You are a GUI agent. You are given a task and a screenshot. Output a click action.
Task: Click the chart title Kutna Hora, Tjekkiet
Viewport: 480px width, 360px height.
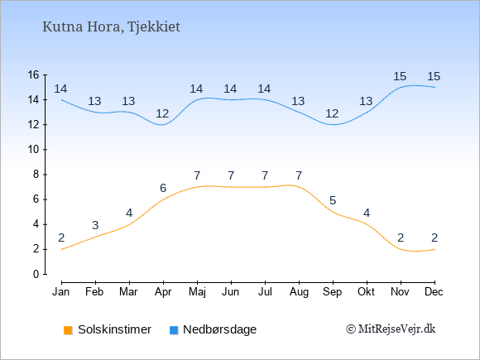111,27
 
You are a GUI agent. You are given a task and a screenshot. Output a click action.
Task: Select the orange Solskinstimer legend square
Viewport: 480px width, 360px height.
68,330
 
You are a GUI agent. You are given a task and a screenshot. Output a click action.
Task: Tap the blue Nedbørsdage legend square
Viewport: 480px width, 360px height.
174,330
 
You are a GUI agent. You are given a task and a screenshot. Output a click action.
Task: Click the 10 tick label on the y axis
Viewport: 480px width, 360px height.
34,150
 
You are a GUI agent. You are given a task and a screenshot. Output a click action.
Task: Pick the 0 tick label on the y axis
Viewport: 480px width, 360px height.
36,274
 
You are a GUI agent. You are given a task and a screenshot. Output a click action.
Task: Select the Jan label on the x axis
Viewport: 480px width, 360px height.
61,292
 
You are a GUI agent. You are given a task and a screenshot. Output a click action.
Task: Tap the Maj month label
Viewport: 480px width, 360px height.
197,292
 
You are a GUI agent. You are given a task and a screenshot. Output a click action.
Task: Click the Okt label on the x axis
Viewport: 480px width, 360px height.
366,292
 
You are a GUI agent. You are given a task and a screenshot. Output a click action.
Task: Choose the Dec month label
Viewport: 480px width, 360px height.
434,292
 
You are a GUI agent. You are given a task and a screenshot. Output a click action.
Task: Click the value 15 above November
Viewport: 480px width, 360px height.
400,76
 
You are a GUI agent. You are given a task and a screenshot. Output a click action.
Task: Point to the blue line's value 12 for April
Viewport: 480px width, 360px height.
162,113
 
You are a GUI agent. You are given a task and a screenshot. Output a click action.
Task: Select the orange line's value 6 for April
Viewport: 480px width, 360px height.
163,188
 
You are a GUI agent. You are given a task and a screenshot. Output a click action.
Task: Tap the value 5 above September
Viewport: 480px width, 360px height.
333,200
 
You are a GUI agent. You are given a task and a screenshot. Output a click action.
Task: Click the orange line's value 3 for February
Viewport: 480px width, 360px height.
95,225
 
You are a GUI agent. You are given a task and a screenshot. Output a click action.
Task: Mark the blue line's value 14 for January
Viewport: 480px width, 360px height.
60,89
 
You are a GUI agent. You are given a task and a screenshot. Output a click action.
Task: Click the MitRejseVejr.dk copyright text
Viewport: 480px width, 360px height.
391,329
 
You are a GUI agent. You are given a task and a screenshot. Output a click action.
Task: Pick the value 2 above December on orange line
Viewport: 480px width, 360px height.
434,238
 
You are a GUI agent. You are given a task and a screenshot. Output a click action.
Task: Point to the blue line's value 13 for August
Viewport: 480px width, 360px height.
298,101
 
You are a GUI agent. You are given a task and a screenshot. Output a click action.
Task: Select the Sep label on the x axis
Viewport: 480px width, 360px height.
332,292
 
